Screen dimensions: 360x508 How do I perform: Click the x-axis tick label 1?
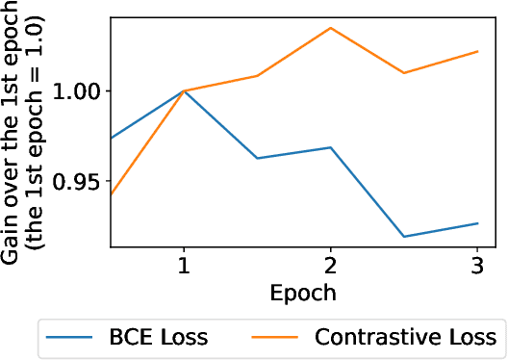coord(183,265)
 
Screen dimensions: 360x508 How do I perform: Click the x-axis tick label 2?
coord(330,265)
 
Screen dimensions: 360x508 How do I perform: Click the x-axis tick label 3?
coord(477,265)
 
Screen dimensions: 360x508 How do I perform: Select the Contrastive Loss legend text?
coord(404,337)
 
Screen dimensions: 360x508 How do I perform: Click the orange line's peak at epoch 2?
coord(330,28)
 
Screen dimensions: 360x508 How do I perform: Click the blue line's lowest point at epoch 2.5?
coord(404,237)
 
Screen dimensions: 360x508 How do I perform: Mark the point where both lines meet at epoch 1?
coord(183,91)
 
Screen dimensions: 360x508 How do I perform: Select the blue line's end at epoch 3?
coord(477,223)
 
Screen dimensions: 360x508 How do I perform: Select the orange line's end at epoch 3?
coord(477,51)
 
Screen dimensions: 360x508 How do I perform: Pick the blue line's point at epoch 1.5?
coord(257,158)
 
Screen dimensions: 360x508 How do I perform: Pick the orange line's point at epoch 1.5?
coord(257,75)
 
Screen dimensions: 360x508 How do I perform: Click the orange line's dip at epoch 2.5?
coord(404,73)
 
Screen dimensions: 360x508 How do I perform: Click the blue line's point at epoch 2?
coord(330,147)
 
